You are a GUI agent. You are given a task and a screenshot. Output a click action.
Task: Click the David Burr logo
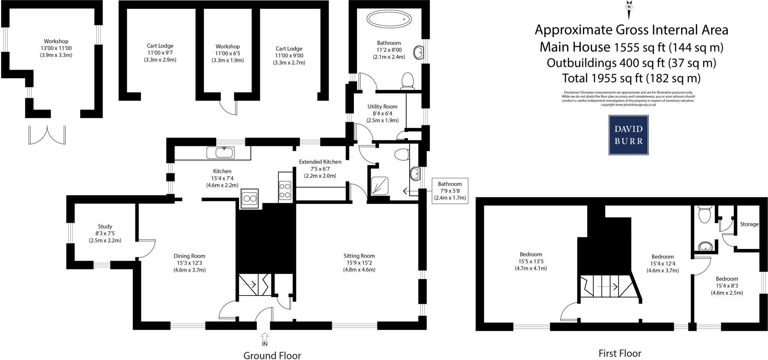click(628, 135)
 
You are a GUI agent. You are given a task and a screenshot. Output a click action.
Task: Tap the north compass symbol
click(629, 9)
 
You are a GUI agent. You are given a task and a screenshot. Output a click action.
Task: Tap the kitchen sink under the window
click(220, 153)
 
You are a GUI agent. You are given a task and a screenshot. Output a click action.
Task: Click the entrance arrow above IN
click(265, 336)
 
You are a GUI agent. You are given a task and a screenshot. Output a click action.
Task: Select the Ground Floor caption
click(272, 355)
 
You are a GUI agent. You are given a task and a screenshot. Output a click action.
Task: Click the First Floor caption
click(619, 353)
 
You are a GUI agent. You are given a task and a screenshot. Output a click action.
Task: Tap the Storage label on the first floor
click(749, 224)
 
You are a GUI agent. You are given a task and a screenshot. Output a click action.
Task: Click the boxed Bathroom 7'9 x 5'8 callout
click(450, 190)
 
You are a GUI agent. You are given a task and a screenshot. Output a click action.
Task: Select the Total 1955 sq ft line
click(631, 78)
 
